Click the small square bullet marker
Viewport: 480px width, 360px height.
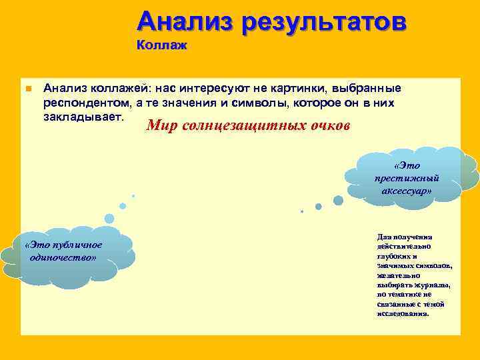(28, 89)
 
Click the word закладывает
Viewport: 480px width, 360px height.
(84, 117)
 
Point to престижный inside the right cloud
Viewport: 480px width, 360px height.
(407, 178)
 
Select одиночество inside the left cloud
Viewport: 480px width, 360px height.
(63, 257)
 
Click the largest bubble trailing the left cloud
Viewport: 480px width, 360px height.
(109, 218)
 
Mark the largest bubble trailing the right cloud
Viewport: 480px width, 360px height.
(338, 200)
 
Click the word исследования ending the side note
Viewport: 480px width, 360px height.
(403, 313)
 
